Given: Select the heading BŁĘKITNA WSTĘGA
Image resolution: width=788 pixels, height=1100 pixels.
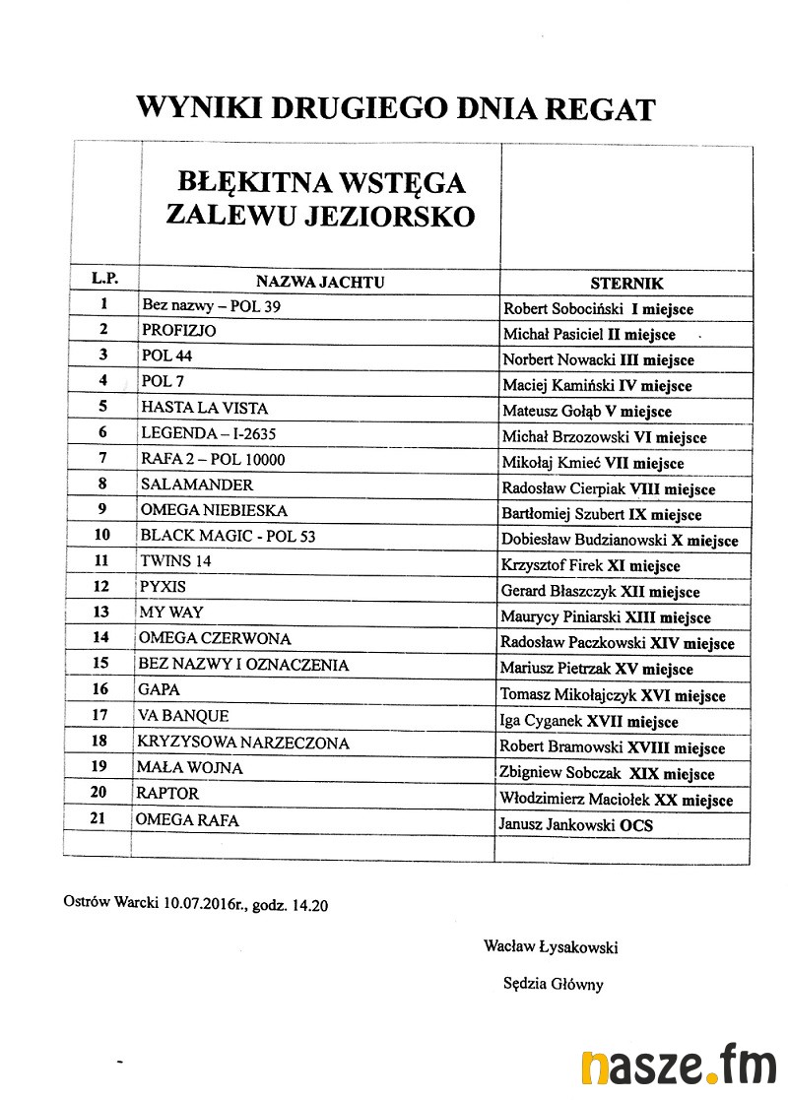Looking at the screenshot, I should (x=321, y=183).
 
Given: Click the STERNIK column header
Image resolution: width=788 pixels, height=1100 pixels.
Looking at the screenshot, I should (x=626, y=284).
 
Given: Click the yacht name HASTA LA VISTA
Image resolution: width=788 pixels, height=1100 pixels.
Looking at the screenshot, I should (x=204, y=408).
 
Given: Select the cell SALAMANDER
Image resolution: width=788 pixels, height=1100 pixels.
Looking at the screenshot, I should (x=197, y=485).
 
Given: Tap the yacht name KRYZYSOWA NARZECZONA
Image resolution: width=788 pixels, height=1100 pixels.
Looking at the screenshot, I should (x=243, y=743).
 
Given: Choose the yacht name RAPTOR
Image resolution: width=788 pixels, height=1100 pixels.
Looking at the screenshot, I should (x=169, y=794).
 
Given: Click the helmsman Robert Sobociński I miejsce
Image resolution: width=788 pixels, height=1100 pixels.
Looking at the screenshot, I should (x=598, y=309).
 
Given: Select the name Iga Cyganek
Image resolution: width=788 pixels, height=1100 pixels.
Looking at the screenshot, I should (x=541, y=722).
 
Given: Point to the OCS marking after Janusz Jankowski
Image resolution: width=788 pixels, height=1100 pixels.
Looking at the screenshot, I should (x=635, y=825).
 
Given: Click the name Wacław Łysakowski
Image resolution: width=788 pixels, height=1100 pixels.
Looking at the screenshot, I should (x=551, y=947).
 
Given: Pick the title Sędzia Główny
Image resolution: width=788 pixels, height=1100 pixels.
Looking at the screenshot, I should (x=553, y=984).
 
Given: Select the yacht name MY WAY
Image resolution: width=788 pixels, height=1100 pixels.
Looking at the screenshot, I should (x=172, y=613).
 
